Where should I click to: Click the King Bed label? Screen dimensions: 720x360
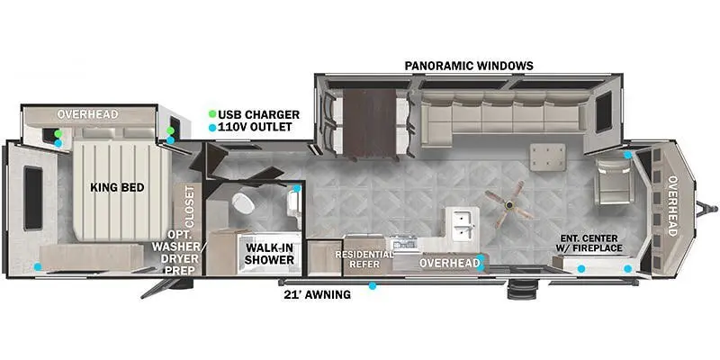(117, 187)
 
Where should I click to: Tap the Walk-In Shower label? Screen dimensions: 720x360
(269, 254)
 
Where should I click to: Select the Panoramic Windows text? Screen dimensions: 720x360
(469, 66)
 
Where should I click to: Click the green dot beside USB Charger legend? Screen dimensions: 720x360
(212, 114)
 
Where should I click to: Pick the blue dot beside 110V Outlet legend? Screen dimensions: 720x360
(212, 128)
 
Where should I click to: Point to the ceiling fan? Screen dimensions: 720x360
(508, 204)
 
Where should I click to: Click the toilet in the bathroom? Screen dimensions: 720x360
(243, 203)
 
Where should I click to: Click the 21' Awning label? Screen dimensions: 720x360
(318, 294)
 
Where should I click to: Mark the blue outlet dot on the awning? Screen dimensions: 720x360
(373, 285)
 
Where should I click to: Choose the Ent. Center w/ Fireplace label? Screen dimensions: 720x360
(590, 243)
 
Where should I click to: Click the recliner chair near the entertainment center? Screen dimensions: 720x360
(614, 181)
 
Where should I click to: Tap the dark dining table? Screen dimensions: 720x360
(370, 123)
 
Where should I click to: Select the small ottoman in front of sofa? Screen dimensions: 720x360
(548, 157)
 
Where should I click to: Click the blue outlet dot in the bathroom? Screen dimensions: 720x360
(297, 188)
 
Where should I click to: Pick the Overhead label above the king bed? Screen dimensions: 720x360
(87, 114)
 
